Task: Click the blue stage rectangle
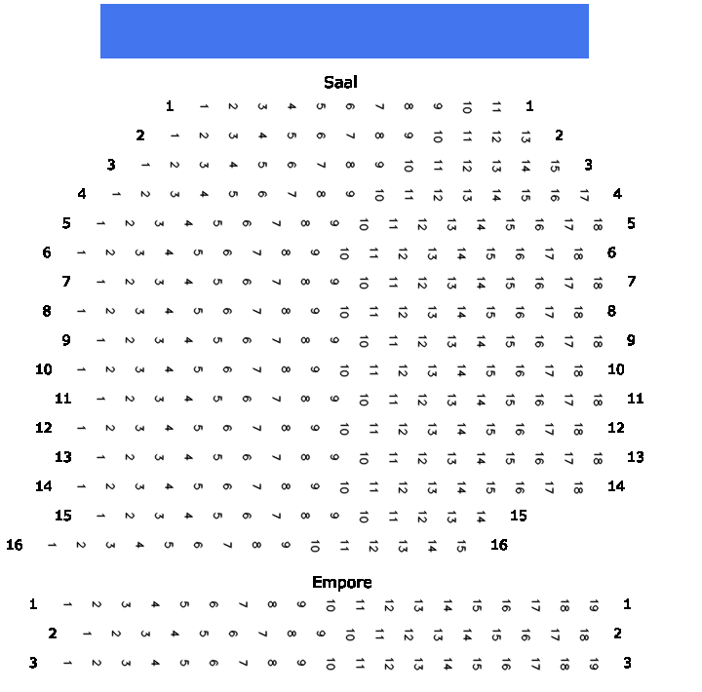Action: (344, 31)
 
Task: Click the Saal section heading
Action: (340, 83)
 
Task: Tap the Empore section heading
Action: (342, 582)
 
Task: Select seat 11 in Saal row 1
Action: (496, 107)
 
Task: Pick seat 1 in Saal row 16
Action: (52, 545)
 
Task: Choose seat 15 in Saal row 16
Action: (461, 546)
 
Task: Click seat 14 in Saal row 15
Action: (481, 517)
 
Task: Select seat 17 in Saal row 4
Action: (584, 195)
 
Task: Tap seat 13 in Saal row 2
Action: (526, 136)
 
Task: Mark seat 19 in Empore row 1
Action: (594, 605)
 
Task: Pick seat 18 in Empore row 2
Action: (584, 634)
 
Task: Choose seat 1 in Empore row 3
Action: (67, 663)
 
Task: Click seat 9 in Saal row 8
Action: (315, 311)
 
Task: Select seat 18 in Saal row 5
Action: (598, 225)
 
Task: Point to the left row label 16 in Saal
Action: (15, 545)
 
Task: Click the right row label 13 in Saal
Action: (636, 457)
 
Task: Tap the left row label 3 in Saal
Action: (111, 165)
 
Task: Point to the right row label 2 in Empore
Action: (617, 634)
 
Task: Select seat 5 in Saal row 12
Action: (197, 428)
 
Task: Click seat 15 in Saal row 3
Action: (555, 166)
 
